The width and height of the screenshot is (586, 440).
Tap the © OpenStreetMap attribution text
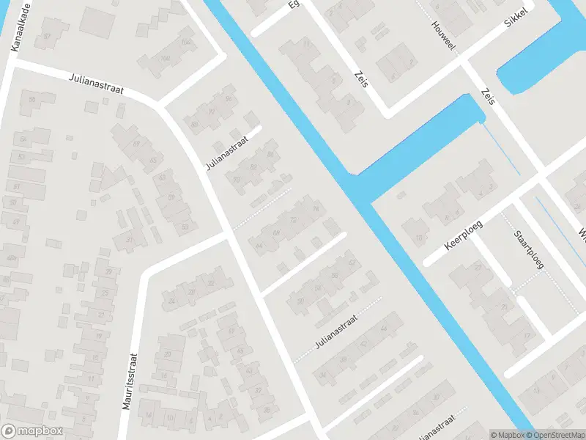point(555,435)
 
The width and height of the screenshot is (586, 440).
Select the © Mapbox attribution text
point(508,435)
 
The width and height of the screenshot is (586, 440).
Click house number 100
point(166,58)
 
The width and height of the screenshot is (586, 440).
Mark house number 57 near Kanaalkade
point(47,35)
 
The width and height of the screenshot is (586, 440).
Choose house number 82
point(253,167)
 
